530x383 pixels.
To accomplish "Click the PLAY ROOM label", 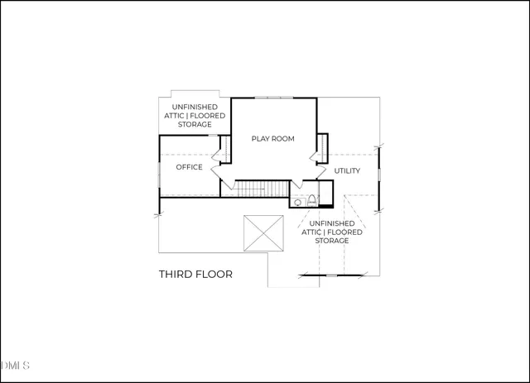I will pos(272,138).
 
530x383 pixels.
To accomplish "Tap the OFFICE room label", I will pos(189,167).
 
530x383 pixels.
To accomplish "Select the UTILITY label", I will pos(347,170).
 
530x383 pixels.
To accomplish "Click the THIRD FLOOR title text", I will pos(195,274).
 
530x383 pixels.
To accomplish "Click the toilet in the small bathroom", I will pos(311,201).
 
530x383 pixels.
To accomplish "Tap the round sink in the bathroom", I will pos(296,202).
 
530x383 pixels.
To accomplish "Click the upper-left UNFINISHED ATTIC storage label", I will pos(195,116).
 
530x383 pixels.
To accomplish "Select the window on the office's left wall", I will pos(159,175).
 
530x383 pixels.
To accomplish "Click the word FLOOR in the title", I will pos(214,274).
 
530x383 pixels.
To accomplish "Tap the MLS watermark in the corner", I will pos(15,365).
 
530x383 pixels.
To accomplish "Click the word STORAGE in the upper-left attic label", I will pos(195,125).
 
